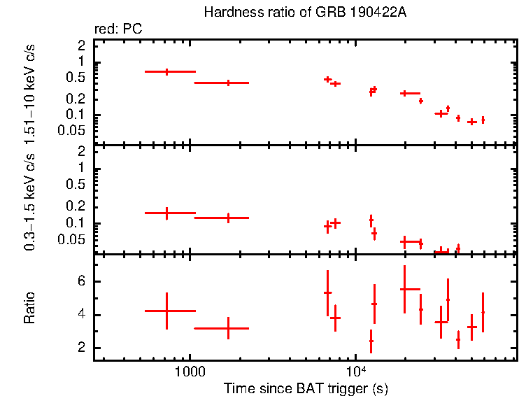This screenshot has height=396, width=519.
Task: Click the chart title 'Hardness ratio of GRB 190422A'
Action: click(304, 13)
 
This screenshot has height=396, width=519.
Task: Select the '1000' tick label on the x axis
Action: click(190, 372)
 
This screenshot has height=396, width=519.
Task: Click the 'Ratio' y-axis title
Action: click(29, 308)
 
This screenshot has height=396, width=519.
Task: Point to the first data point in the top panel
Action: click(166, 71)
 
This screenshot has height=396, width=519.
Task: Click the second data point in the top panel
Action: click(228, 83)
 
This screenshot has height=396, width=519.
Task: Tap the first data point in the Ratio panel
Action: click(166, 311)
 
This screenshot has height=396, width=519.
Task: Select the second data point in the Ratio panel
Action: click(228, 327)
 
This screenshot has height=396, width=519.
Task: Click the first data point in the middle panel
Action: click(166, 213)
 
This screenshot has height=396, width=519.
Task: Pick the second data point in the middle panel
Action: click(228, 218)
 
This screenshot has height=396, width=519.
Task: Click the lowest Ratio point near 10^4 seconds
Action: click(371, 341)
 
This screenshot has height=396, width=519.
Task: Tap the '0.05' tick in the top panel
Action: click(74, 131)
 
